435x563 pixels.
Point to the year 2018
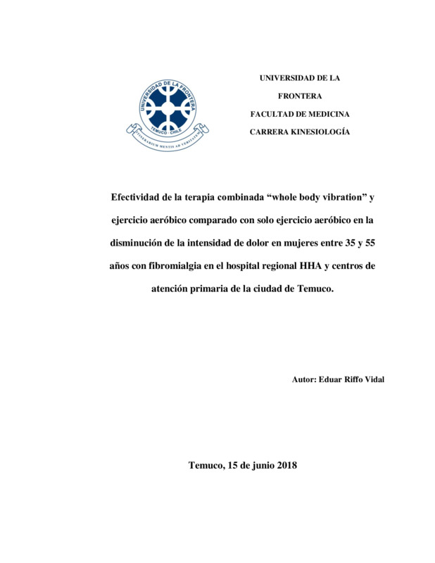(286, 465)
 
